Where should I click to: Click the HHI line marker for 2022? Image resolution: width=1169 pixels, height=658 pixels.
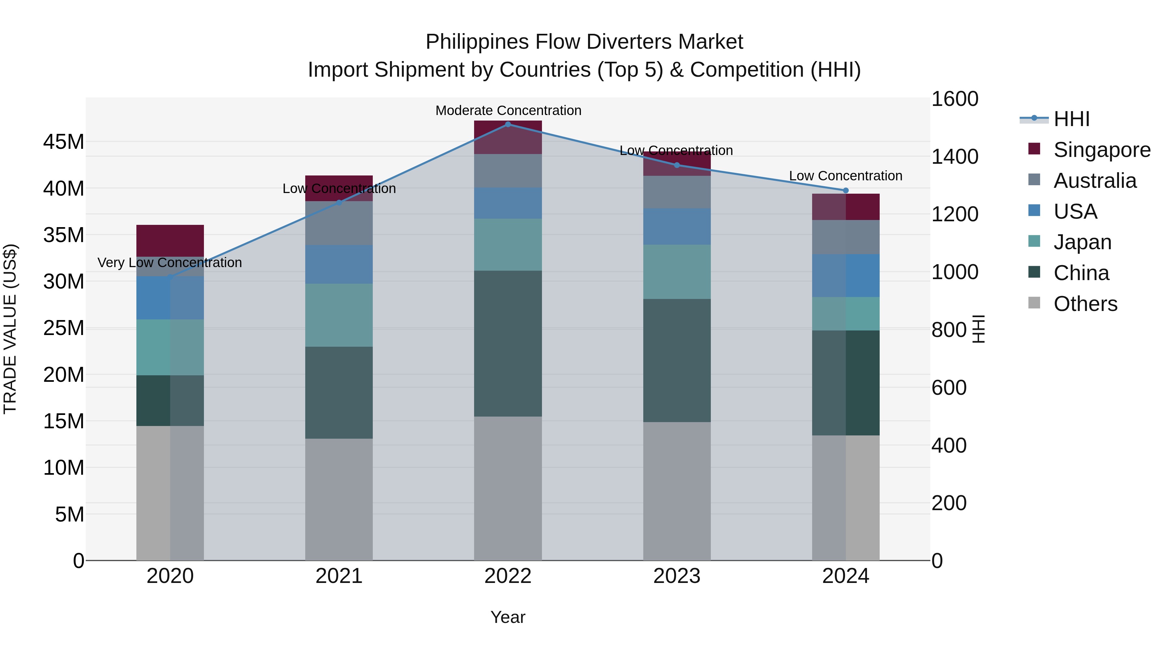508,124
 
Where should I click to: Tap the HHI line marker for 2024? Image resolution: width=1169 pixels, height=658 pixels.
846,190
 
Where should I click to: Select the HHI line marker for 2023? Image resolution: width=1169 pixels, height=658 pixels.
677,165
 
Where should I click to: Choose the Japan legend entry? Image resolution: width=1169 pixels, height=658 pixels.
1082,242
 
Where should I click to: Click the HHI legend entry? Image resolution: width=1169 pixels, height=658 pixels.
1071,119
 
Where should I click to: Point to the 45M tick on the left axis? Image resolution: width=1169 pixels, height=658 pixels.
64,142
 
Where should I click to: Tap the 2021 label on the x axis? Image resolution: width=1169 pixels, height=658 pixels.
339,576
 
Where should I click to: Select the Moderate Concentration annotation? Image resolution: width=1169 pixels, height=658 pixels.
508,110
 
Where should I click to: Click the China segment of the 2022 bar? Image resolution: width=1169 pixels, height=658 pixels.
508,343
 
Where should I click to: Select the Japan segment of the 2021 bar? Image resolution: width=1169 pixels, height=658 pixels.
339,315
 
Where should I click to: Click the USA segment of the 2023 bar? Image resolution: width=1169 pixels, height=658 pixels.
677,226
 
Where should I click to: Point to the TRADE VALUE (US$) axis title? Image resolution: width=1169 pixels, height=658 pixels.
10,329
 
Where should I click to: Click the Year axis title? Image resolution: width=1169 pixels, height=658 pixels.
508,617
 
